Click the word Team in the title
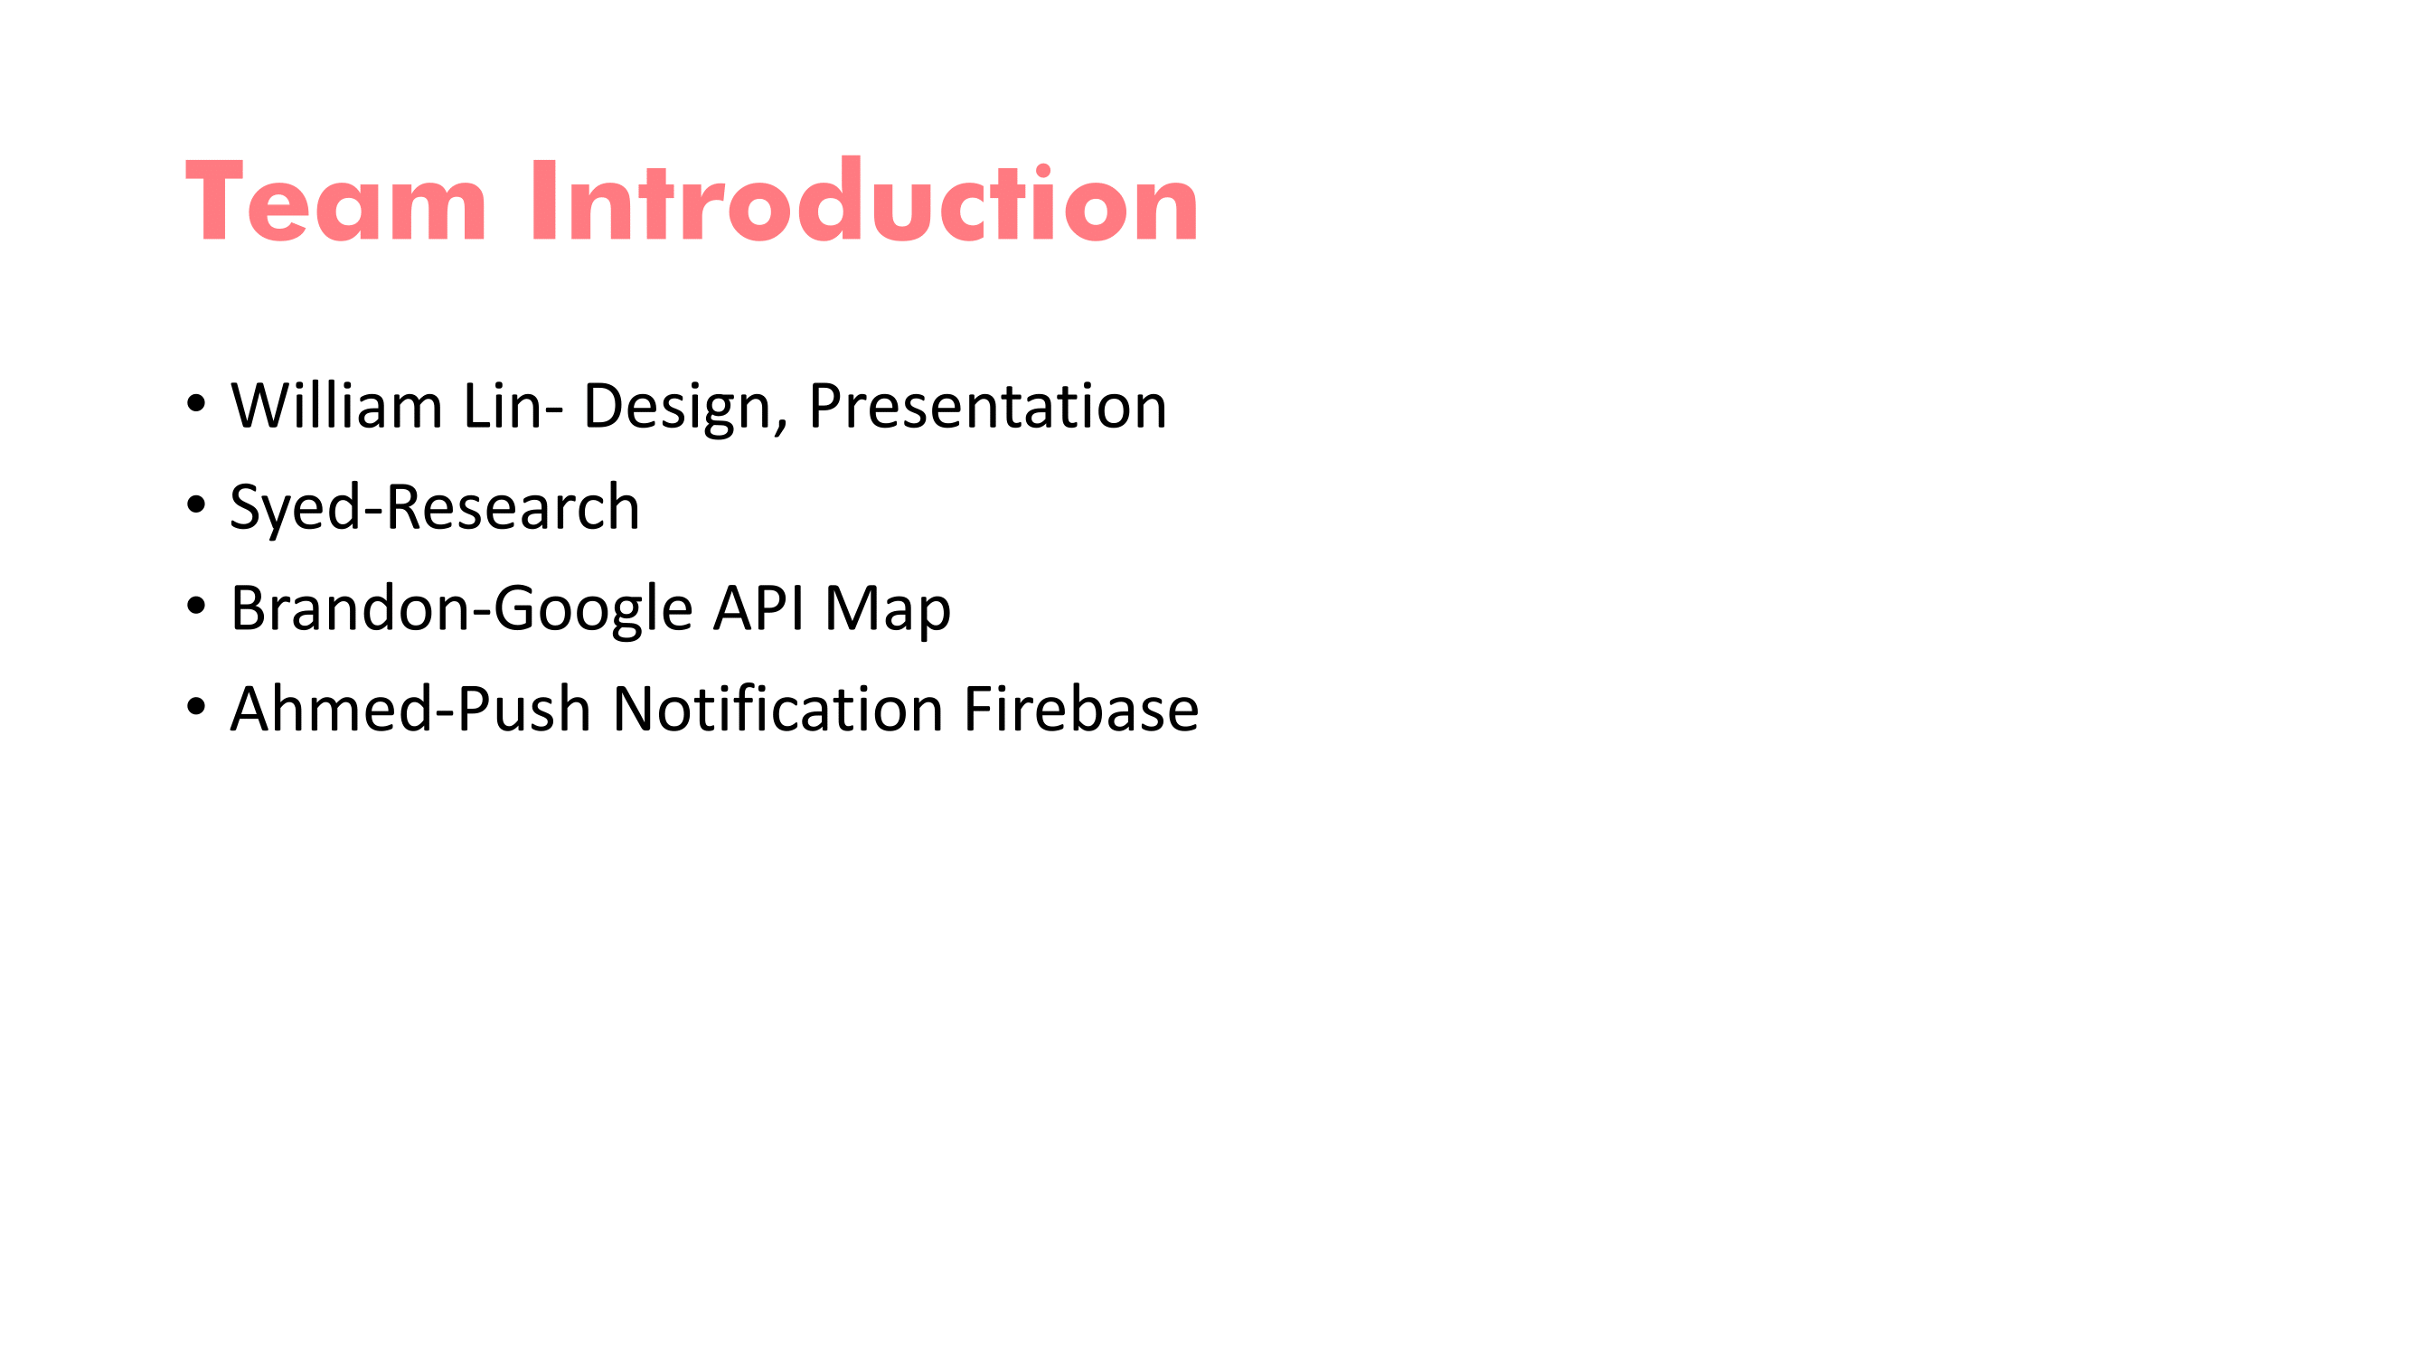336,201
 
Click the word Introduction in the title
864,198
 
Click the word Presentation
987,406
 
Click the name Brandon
351,607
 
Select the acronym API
758,608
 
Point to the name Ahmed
332,709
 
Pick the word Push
524,709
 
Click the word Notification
777,709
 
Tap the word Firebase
1081,709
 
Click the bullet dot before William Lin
195,404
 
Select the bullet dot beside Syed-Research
195,505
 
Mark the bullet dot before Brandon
195,607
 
